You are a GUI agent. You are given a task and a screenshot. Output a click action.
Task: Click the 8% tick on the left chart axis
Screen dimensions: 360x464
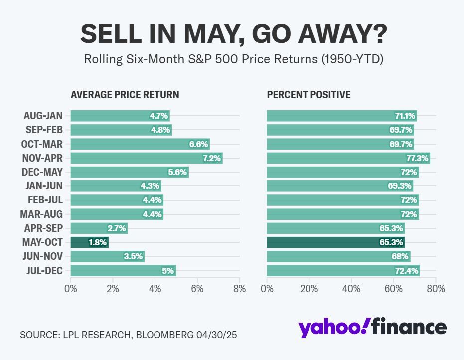coord(239,289)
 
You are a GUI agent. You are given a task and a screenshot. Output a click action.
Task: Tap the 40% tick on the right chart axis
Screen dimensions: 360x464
coord(351,289)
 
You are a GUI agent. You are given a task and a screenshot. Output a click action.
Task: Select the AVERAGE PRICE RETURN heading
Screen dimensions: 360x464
coord(125,95)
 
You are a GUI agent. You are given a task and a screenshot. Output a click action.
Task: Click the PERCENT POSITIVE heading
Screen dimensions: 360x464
coord(309,95)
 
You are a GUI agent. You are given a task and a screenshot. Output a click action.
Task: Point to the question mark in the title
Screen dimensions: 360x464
coord(377,34)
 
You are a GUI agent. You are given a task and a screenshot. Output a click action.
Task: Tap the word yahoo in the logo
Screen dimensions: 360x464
coord(332,328)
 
